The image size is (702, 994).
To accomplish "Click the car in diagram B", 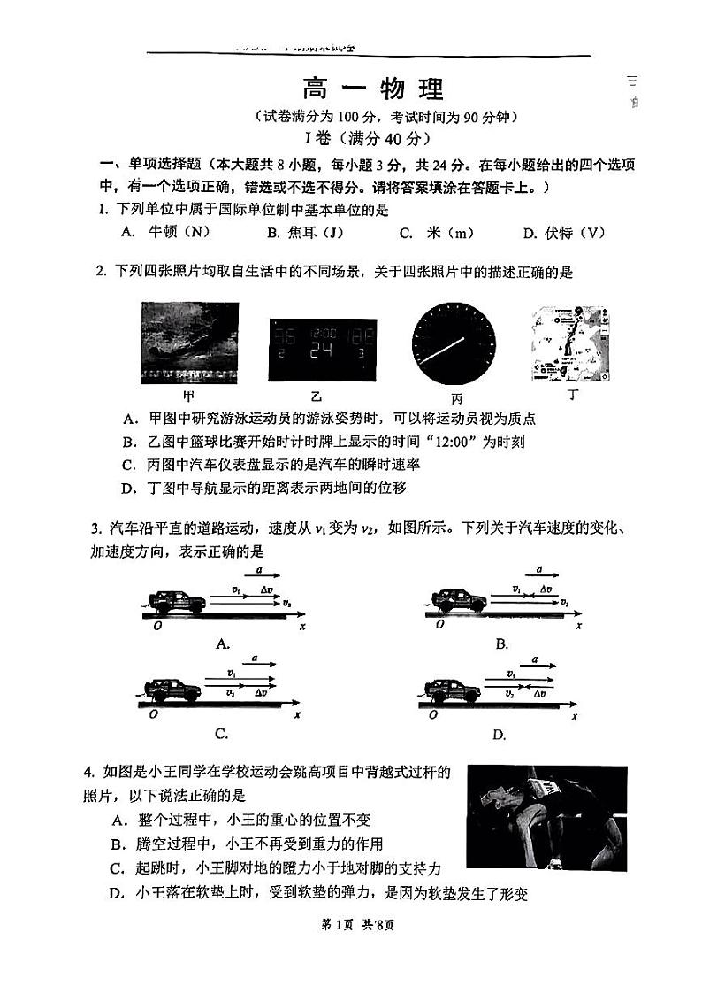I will click(x=458, y=601).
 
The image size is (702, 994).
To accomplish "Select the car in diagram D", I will click(x=453, y=690).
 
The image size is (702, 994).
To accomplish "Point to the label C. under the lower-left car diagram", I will click(x=221, y=733).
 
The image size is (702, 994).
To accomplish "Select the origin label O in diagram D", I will click(x=432, y=714).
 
